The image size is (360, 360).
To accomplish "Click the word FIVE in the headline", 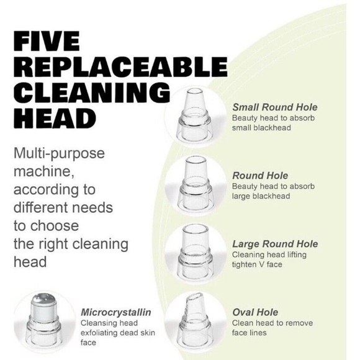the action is click(x=47, y=41).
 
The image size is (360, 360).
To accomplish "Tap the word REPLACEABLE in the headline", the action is click(x=121, y=67).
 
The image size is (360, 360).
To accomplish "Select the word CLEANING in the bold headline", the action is click(x=92, y=92).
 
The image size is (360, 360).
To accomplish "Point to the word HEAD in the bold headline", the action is click(x=55, y=119).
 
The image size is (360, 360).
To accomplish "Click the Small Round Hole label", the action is click(x=275, y=107).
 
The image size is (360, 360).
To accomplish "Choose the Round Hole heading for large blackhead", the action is click(x=260, y=176).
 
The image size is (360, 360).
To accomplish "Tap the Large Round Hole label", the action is click(x=275, y=244).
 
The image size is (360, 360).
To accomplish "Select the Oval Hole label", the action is click(x=255, y=312).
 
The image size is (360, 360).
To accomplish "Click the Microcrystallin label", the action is click(x=116, y=312).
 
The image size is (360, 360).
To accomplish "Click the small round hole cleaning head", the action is click(x=195, y=114).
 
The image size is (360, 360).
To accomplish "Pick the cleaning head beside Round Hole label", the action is click(x=196, y=182).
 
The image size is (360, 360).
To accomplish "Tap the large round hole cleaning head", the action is click(x=196, y=251).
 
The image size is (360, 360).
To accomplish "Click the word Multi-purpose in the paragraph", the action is click(x=59, y=153).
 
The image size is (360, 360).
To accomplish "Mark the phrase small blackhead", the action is click(x=261, y=128).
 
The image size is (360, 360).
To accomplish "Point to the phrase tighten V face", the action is click(x=257, y=264).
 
